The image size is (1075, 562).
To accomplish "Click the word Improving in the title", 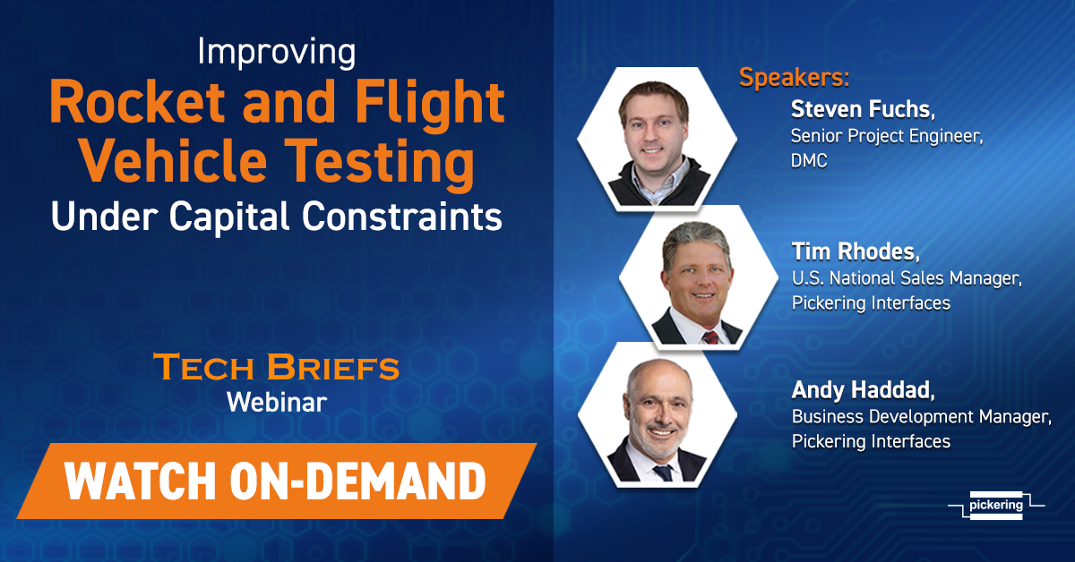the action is (277, 53).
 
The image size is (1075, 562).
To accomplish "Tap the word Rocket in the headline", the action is (137, 103).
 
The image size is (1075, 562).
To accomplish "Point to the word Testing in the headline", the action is (383, 164).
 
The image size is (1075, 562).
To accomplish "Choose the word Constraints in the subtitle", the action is (401, 216).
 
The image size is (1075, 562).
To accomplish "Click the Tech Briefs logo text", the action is (277, 367).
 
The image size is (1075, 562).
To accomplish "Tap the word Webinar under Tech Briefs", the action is (277, 402).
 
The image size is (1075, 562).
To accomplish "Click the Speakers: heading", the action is (795, 77).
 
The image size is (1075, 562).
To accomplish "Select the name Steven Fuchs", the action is (863, 109).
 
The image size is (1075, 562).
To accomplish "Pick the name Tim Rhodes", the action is (856, 251).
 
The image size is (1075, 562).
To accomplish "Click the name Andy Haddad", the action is (863, 390).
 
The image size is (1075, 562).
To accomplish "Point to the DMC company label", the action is (809, 161).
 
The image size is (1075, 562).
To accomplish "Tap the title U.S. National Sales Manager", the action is (907, 278).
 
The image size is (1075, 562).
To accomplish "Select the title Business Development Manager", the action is (922, 417).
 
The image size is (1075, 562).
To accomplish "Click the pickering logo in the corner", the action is (996, 505).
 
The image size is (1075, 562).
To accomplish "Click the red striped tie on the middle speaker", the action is (710, 337).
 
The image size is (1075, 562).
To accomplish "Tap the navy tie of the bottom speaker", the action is (664, 473).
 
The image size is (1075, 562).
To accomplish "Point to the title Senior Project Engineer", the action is (887, 136).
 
